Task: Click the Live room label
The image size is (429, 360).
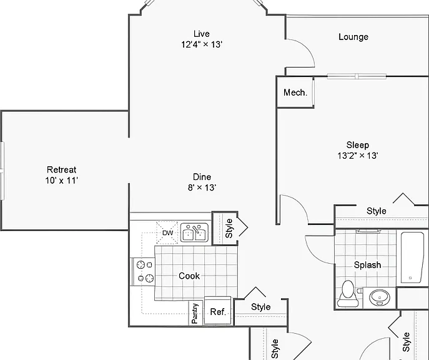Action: point(202,34)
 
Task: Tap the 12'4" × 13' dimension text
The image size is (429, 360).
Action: point(201,44)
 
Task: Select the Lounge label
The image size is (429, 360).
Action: point(353,37)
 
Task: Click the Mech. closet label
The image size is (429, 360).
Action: point(295,92)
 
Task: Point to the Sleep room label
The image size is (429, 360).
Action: point(358,145)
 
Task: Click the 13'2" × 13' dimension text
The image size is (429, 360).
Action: point(358,156)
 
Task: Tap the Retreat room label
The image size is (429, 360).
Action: point(62,170)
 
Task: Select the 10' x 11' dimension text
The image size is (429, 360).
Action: point(62,181)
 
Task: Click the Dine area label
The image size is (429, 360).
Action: point(202,177)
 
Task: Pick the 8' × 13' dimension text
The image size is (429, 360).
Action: point(202,187)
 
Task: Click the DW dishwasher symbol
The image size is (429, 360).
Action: point(167,232)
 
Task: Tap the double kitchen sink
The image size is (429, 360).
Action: point(194,232)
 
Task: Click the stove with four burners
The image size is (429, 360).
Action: point(144,272)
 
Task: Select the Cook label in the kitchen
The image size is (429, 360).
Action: point(189,276)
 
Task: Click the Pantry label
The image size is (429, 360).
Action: point(195,314)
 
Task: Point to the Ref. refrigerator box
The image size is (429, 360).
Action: point(218,311)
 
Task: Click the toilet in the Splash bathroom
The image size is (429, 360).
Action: point(347,294)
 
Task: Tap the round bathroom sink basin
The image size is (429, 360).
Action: point(380,297)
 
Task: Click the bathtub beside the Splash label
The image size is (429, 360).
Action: point(412,257)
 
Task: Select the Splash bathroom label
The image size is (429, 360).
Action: point(367,265)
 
